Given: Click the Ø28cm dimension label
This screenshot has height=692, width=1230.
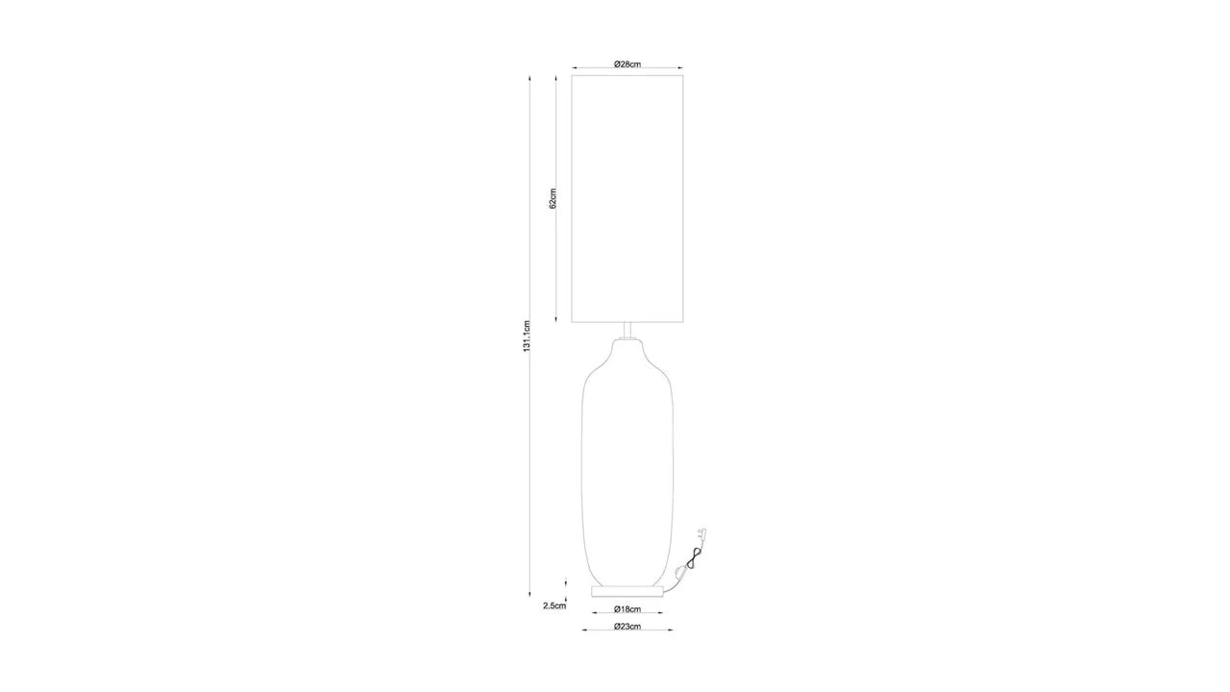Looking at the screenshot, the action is click(627, 64).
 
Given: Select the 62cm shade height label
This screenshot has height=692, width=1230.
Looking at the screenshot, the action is click(553, 198).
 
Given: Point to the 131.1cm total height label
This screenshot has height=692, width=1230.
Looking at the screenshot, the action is click(527, 336).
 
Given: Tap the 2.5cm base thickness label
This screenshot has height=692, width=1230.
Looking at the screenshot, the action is click(554, 606).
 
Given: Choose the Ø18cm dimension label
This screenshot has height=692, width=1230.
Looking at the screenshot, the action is click(627, 609).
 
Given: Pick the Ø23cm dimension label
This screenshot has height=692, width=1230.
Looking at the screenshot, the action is click(627, 626).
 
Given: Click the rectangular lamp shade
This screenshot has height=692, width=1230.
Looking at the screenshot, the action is click(627, 198).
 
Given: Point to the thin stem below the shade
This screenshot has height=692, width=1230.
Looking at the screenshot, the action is click(627, 331).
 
